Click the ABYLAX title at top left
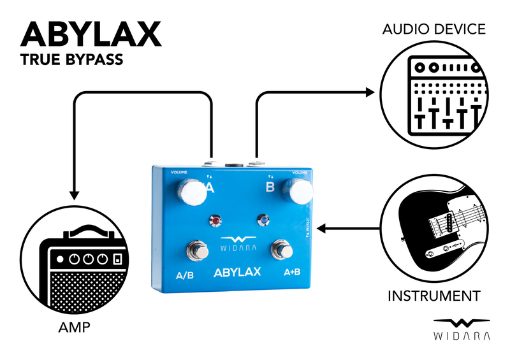point(91,34)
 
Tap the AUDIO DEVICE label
point(433,29)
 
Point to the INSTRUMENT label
point(433,296)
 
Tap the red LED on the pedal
point(216,222)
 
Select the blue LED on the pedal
point(263,221)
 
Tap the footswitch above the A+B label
point(280,248)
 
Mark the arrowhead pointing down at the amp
point(74,192)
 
